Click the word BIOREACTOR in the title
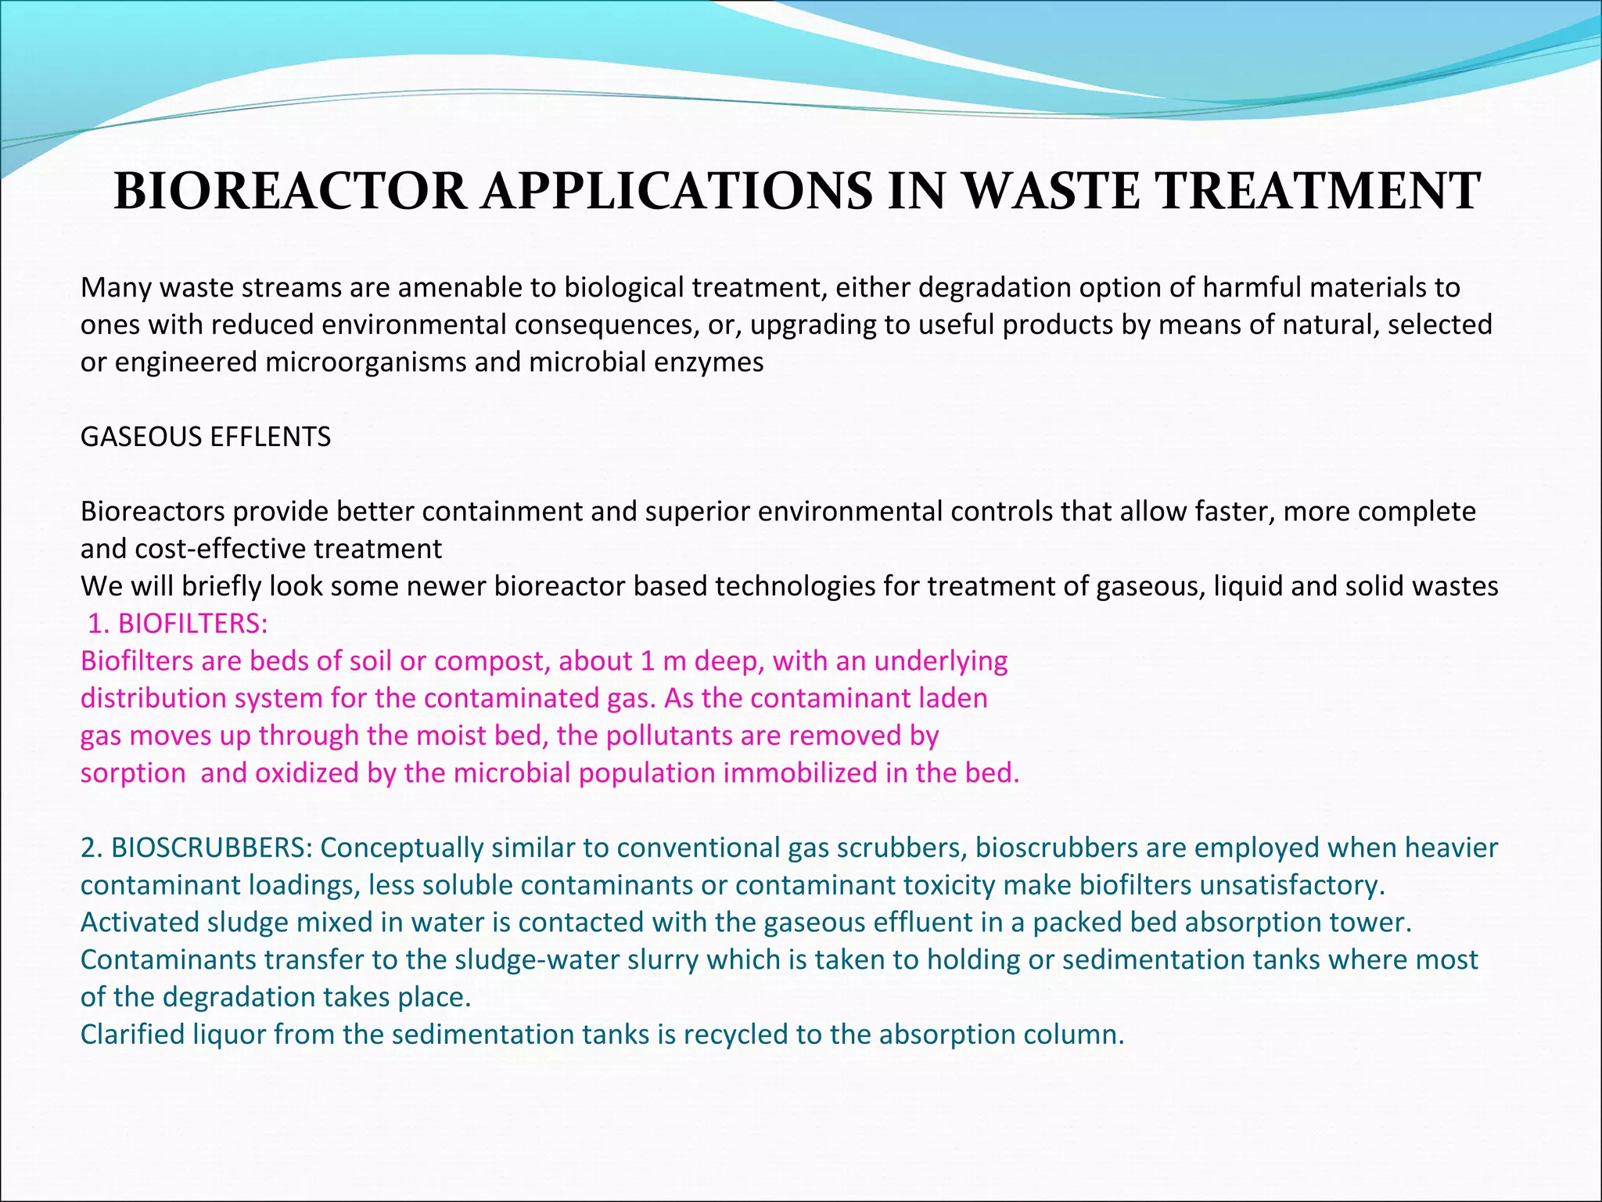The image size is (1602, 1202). pos(290,192)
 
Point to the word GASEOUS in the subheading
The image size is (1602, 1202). pos(139,437)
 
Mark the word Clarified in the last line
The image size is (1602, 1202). pos(133,1035)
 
